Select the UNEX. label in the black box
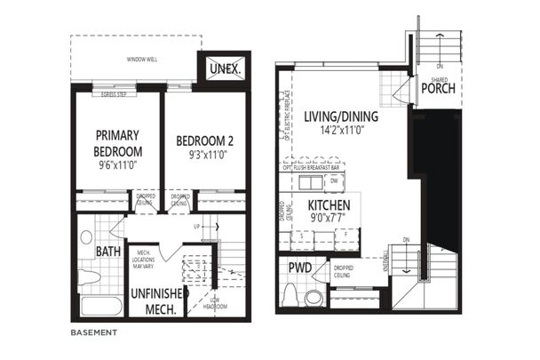point(222,68)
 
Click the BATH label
point(109,252)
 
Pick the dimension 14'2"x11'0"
point(340,132)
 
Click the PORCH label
point(438,88)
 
